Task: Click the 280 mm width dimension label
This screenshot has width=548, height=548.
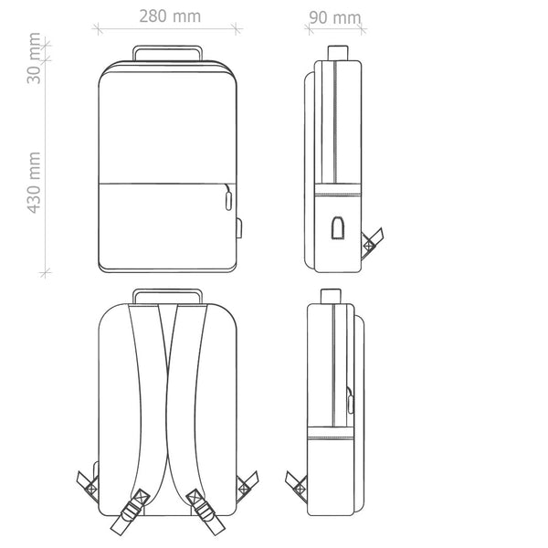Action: [x=170, y=16]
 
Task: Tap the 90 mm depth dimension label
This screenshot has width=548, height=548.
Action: [x=335, y=17]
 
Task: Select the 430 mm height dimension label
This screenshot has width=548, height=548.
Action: [x=35, y=183]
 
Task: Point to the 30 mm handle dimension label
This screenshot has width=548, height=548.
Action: [x=34, y=58]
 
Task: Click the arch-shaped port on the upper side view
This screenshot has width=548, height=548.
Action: [x=338, y=227]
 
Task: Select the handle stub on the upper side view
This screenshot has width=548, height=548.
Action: [x=338, y=53]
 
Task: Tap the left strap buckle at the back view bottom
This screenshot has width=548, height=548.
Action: [x=130, y=512]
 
